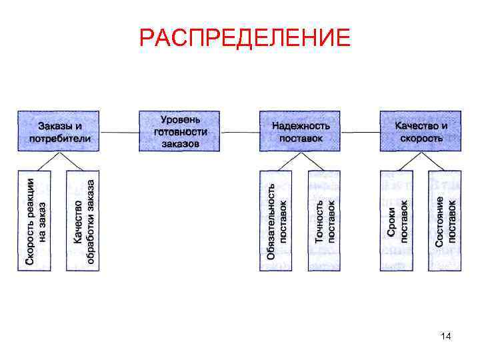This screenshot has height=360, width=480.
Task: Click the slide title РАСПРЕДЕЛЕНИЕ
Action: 245,38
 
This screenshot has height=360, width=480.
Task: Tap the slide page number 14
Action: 446,337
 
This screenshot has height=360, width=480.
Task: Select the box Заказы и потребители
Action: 59,131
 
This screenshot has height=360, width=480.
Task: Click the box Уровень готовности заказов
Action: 180,131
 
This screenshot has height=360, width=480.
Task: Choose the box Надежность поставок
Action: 301,131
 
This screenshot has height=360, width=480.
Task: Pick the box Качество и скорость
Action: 421,131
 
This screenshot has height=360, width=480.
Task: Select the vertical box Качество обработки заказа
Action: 83,221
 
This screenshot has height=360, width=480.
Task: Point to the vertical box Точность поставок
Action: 325,221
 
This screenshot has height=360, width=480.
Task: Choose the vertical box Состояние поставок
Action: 445,221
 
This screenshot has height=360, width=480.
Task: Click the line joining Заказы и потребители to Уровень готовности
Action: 119,132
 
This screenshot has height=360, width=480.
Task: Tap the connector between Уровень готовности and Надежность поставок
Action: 240,132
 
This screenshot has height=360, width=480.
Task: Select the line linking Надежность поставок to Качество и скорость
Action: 361,132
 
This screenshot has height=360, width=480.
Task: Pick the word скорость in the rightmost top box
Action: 421,138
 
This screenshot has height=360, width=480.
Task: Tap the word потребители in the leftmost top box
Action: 59,139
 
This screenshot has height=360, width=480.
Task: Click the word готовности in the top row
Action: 180,131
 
